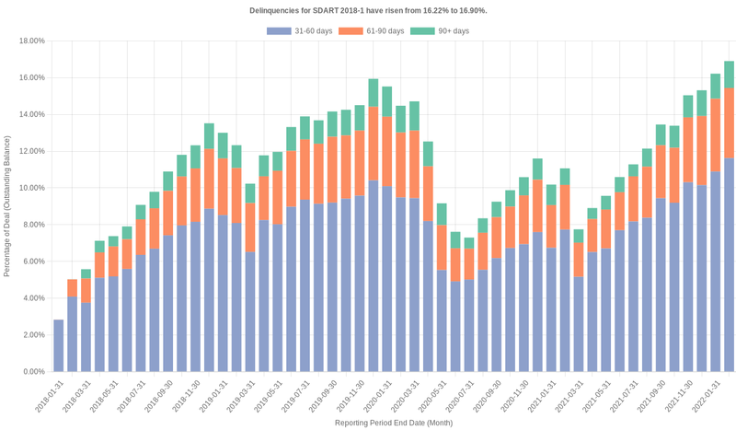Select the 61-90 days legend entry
(372, 31)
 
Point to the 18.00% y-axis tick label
(32, 41)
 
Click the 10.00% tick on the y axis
(32, 188)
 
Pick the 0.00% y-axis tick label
(34, 372)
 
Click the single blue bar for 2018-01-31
(59, 345)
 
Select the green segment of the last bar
(729, 75)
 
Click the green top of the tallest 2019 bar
(374, 92)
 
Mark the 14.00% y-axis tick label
(32, 114)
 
